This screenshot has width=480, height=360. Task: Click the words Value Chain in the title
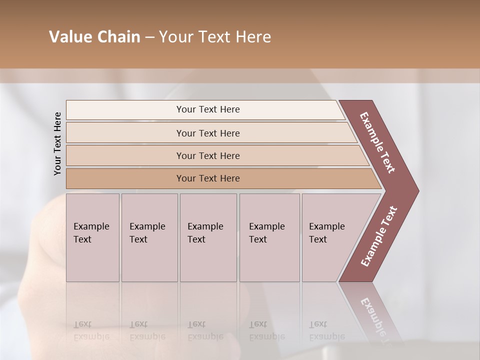[x=94, y=37]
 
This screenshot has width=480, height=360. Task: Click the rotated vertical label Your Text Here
[x=57, y=143]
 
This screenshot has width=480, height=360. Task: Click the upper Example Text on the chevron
[x=378, y=142]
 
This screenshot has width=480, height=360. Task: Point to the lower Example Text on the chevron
[x=379, y=236]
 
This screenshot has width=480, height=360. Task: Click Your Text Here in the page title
[x=215, y=37]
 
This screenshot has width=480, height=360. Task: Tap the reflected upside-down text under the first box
[x=91, y=330]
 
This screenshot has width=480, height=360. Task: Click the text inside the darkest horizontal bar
[x=208, y=178]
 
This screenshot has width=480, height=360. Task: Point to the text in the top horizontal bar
[x=208, y=109]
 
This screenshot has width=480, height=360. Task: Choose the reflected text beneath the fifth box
[x=327, y=330]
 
